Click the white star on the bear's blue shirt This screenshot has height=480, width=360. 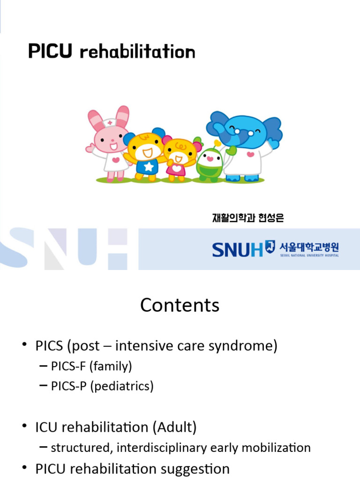point(148,166)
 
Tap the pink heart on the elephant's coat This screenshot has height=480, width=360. point(251,155)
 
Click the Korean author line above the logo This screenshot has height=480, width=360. point(247,218)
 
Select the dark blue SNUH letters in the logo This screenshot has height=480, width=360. point(238,249)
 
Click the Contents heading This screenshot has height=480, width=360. point(180,305)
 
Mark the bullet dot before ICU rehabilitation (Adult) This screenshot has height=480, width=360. point(24,427)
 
